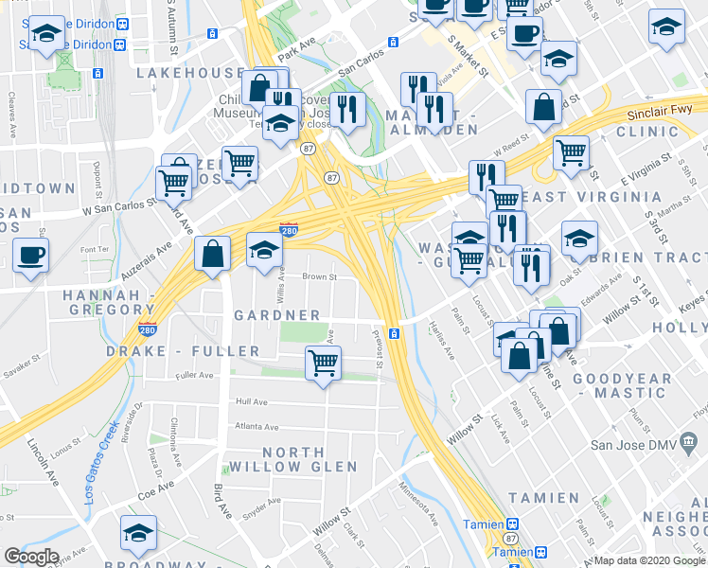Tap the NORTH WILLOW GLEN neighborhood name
click(x=310, y=459)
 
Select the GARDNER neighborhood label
click(x=276, y=315)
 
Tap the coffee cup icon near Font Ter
click(x=30, y=254)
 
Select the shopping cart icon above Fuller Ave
click(x=323, y=363)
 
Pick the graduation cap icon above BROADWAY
click(x=138, y=534)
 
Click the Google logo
click(x=31, y=557)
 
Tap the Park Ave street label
click(x=295, y=45)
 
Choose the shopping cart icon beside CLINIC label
click(x=572, y=151)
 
